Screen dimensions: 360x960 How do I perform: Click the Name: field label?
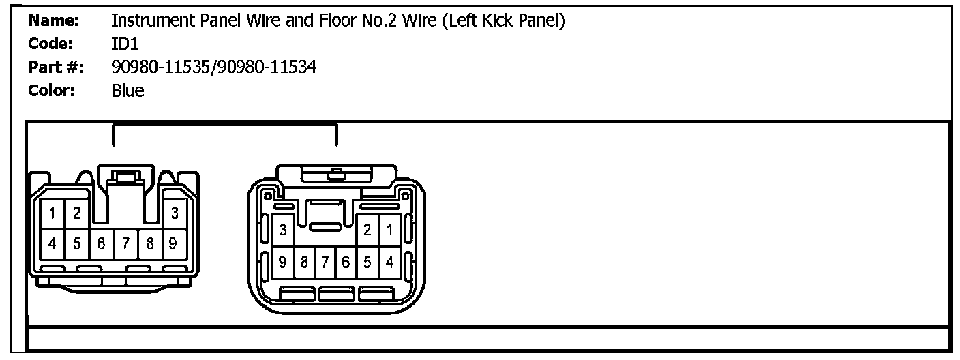[54, 21]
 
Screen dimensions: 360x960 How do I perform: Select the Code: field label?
[50, 44]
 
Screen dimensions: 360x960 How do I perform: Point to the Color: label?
[51, 90]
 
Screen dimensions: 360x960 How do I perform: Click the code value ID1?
[125, 44]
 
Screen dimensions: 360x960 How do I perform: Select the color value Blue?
[128, 90]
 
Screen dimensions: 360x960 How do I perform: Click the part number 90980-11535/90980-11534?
[213, 67]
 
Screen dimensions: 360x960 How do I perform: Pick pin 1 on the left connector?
[52, 213]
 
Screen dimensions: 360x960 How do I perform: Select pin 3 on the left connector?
[175, 213]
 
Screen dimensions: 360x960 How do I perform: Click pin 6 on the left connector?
[101, 242]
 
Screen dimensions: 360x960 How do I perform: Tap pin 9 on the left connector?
[174, 242]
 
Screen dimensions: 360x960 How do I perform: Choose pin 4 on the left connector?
[52, 242]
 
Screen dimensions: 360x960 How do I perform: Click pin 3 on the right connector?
[282, 230]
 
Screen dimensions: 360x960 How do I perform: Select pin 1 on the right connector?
[389, 230]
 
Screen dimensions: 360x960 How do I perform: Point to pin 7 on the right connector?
[325, 261]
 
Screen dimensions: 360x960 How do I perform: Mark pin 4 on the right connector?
[389, 261]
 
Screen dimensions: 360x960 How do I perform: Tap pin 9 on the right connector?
[282, 261]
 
